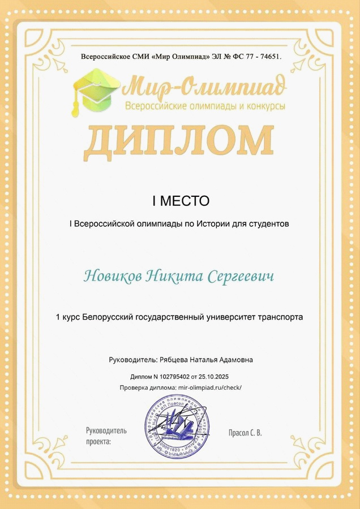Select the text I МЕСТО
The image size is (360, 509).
pyautogui.click(x=180, y=201)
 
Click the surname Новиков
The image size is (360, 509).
pyautogui.click(x=112, y=277)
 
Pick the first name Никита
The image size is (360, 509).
pyautogui.click(x=173, y=277)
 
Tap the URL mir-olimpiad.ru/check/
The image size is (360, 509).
pyautogui.click(x=209, y=387)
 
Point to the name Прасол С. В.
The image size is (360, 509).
pyautogui.click(x=245, y=433)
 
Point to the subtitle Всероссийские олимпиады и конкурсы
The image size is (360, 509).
pyautogui.click(x=205, y=106)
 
